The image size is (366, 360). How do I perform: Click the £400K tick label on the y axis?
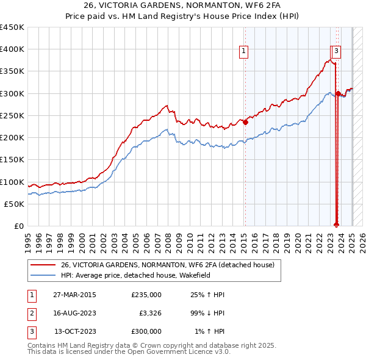(12, 49)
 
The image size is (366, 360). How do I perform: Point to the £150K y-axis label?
(12, 160)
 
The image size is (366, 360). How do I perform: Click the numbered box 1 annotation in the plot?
(243, 51)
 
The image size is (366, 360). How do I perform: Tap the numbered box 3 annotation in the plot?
(337, 51)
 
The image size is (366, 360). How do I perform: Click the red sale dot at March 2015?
(245, 122)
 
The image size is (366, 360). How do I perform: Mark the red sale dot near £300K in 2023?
(338, 93)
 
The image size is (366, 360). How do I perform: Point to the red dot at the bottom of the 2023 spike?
(336, 224)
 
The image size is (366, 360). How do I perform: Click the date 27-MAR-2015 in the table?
(74, 295)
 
